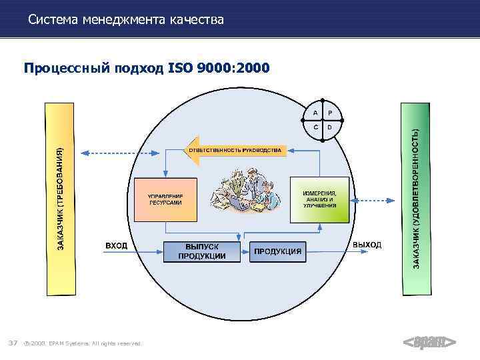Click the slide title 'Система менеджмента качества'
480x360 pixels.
(x=126, y=20)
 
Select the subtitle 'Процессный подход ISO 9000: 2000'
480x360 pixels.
(x=147, y=67)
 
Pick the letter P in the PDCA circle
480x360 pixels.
(x=331, y=111)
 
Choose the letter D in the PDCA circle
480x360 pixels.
(x=331, y=127)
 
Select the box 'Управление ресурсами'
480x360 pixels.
(x=165, y=199)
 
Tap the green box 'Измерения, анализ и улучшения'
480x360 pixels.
(x=320, y=199)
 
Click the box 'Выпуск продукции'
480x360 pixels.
(x=202, y=251)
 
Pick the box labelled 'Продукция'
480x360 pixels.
(x=277, y=251)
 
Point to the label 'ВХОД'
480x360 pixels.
(x=117, y=246)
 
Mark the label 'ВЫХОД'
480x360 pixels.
(x=367, y=245)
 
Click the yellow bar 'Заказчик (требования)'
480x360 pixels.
(x=59, y=199)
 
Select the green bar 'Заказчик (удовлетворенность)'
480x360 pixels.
(x=416, y=199)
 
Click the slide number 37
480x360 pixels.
(x=12, y=343)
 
